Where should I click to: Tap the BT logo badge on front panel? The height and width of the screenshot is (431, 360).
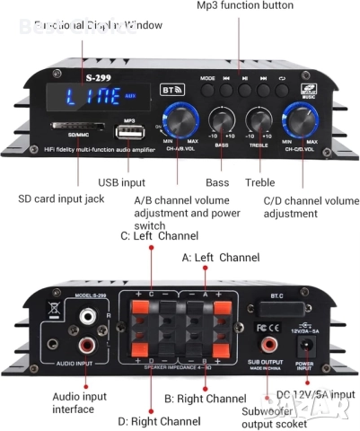[171, 91]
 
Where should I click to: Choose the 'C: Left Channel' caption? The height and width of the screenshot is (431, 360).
[159, 236]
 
